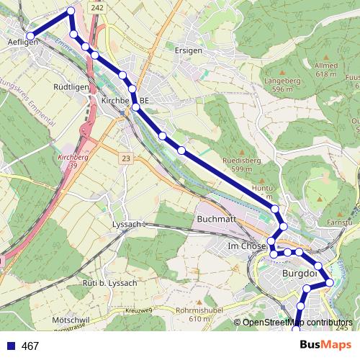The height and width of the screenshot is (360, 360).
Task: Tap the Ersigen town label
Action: click(x=189, y=51)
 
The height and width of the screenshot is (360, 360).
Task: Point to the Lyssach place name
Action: click(x=128, y=225)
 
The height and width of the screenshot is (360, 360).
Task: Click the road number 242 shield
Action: click(x=98, y=6)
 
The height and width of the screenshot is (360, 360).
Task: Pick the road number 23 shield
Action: click(x=126, y=158)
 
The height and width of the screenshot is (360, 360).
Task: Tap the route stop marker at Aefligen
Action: click(x=30, y=36)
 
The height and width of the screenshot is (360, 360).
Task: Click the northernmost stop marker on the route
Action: click(x=71, y=11)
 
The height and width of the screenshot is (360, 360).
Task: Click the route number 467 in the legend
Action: click(x=30, y=346)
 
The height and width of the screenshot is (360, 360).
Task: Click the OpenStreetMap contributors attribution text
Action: click(x=297, y=323)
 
